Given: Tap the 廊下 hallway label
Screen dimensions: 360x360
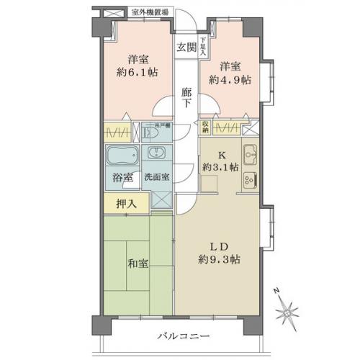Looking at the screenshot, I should pyautogui.click(x=186, y=97).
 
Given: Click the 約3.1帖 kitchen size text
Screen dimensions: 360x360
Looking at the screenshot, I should pyautogui.click(x=217, y=168).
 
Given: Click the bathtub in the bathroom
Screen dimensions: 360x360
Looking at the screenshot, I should pyautogui.click(x=120, y=156).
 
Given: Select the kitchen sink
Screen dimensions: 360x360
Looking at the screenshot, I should pyautogui.click(x=250, y=153).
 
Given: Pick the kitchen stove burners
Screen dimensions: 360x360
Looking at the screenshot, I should pyautogui.click(x=250, y=181).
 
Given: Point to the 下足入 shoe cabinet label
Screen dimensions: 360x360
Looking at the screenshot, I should pyautogui.click(x=203, y=47).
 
